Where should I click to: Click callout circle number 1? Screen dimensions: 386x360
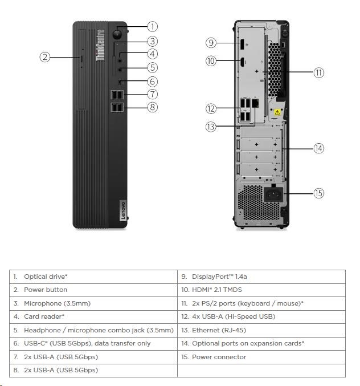[152, 26]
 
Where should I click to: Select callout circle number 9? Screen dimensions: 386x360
[211, 42]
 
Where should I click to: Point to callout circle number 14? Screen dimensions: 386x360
[318, 148]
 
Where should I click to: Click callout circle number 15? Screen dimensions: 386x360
[318, 193]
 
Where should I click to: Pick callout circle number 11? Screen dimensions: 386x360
[318, 72]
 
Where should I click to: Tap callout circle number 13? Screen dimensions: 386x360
[211, 127]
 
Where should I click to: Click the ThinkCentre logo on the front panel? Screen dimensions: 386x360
[101, 46]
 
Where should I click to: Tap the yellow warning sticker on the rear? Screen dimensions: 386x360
[278, 112]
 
